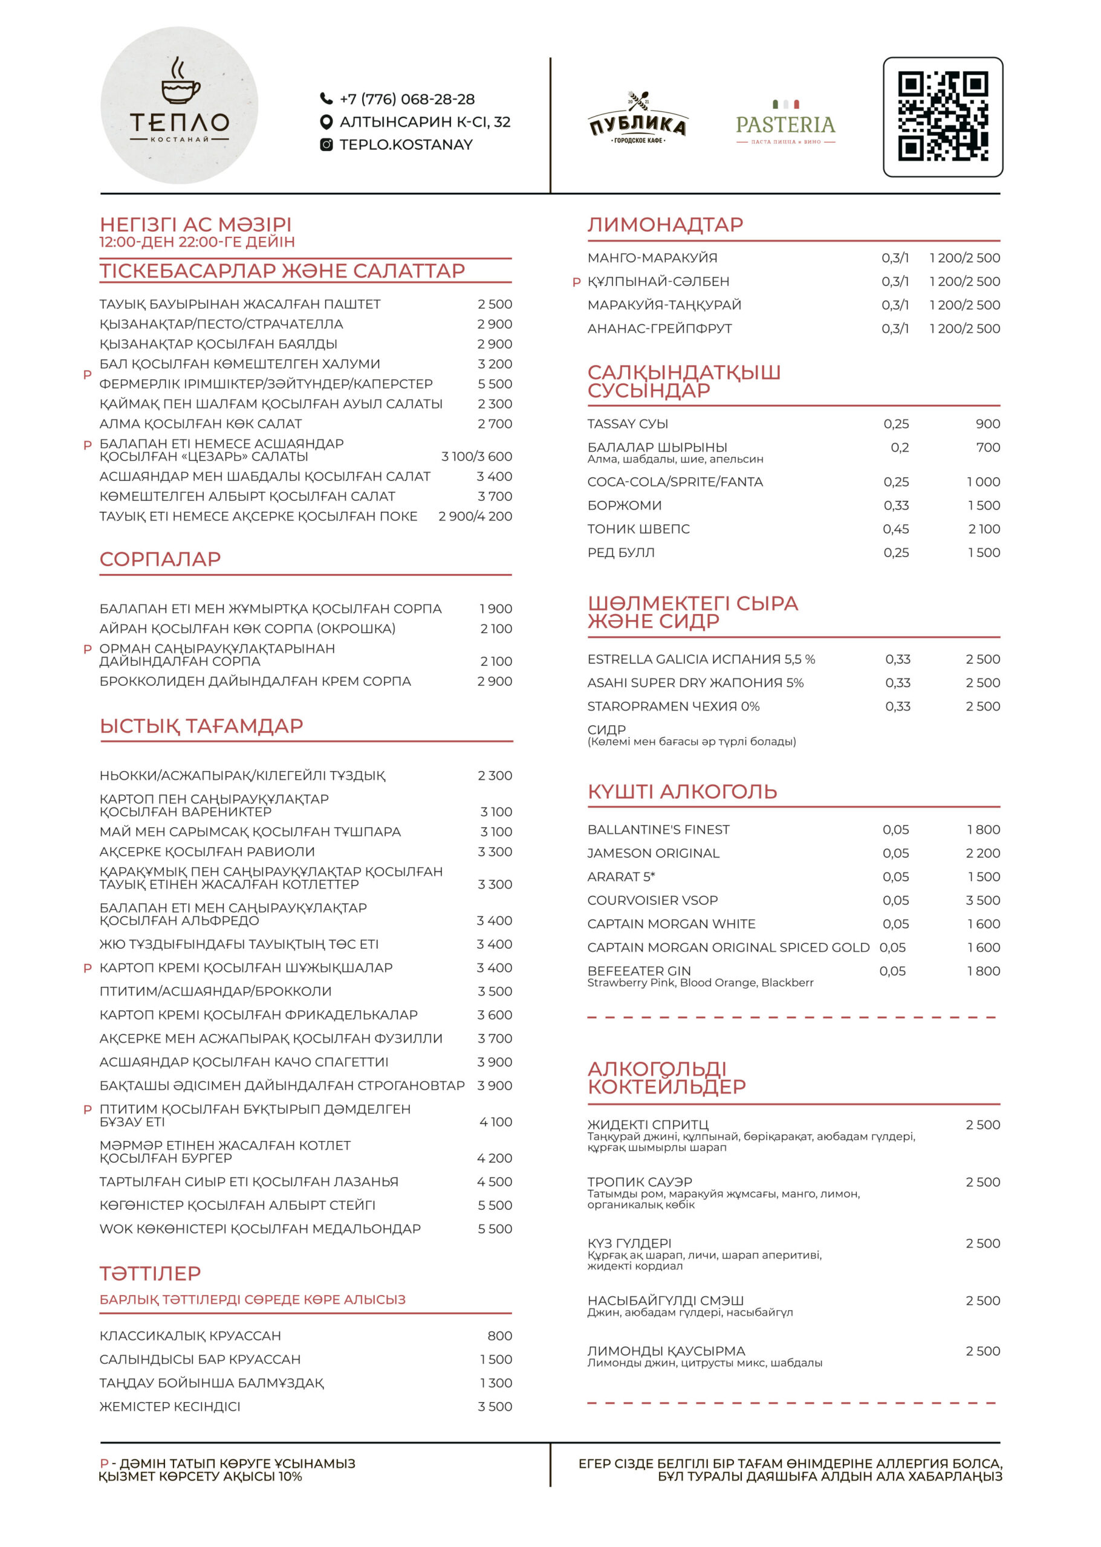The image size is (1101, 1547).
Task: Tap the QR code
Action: [943, 117]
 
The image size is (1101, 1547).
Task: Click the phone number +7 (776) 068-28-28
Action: [407, 100]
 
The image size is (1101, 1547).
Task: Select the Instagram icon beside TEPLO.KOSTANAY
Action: [326, 144]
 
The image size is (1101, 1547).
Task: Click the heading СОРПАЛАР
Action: [160, 559]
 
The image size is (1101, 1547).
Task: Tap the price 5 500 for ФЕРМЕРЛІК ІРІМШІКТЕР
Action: [494, 384]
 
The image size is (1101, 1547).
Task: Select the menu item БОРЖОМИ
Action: [625, 506]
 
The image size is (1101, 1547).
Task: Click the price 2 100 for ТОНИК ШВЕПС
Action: [984, 529]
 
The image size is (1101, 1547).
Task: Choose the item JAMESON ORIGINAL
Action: [653, 853]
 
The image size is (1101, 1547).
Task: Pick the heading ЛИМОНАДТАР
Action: [665, 224]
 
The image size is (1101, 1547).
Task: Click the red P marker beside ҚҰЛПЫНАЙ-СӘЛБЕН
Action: [576, 282]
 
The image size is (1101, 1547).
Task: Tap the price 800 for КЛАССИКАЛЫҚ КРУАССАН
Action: [499, 1335]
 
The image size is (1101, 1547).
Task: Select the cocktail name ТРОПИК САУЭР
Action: [639, 1182]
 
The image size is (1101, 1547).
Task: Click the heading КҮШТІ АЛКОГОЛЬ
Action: [682, 792]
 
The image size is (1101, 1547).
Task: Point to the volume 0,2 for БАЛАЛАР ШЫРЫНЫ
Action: [899, 447]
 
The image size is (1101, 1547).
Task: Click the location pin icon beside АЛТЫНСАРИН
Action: [326, 122]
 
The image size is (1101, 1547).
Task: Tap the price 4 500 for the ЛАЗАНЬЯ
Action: [494, 1182]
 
